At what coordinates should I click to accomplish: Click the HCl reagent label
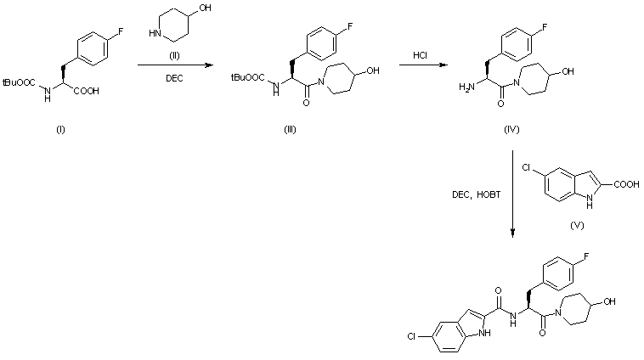click(420, 56)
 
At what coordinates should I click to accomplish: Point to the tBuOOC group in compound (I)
click(19, 83)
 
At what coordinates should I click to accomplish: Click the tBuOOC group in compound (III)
click(246, 77)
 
